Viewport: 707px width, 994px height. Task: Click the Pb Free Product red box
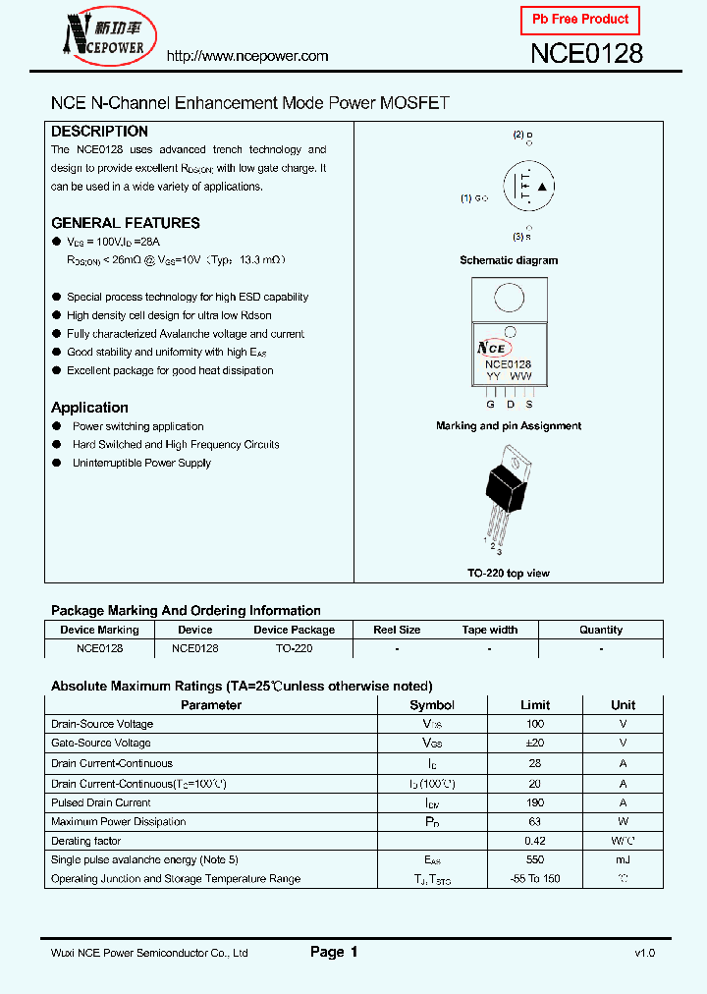[579, 20]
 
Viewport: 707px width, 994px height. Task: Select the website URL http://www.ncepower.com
[247, 56]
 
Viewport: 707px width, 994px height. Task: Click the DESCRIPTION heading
[99, 132]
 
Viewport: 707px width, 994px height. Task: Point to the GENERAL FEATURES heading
[125, 223]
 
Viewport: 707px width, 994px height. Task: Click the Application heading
[89, 408]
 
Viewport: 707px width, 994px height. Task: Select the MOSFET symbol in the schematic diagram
[529, 187]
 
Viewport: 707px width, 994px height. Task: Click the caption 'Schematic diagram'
[509, 260]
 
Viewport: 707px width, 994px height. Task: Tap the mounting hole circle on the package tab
[509, 298]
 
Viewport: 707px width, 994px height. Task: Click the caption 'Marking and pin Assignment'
[509, 426]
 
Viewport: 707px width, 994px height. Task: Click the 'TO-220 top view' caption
[509, 573]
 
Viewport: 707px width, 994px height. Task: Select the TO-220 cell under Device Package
[294, 648]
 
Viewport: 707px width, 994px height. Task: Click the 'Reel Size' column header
[397, 630]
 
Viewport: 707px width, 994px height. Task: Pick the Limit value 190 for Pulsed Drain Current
[535, 802]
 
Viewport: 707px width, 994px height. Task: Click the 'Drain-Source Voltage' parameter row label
[102, 724]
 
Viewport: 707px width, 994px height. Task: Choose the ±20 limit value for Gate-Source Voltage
[535, 744]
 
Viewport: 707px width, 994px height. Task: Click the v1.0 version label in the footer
[644, 953]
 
